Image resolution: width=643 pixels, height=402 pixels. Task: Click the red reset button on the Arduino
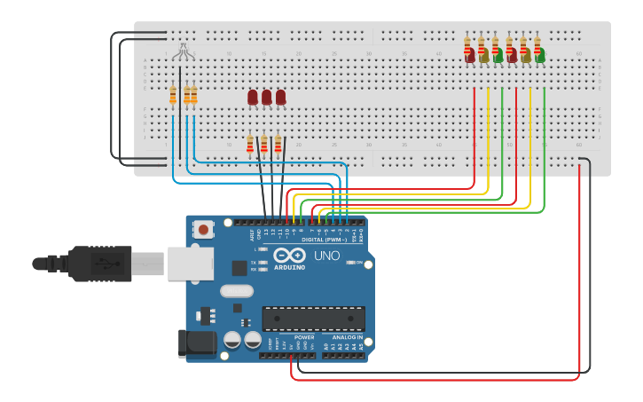click(204, 229)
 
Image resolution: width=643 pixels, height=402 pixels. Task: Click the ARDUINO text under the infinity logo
click(289, 267)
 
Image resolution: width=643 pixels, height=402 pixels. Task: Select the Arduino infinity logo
click(290, 256)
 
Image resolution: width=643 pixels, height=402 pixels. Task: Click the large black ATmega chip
click(313, 319)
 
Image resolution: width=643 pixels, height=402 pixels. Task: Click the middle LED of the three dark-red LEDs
click(267, 97)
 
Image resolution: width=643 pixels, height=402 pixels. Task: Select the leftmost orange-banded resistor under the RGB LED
click(173, 95)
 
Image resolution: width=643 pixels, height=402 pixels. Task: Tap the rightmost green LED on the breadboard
click(539, 55)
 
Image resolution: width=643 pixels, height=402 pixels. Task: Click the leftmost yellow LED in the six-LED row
click(483, 55)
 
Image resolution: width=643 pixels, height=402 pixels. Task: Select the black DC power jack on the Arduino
click(197, 344)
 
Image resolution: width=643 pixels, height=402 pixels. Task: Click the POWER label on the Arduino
click(304, 337)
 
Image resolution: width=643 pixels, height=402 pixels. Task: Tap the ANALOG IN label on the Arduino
click(347, 337)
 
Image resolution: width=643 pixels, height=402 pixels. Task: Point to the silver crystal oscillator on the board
click(237, 291)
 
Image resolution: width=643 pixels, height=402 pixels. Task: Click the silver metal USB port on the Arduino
click(190, 264)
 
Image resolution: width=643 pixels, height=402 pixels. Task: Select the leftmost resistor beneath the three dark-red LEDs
click(250, 144)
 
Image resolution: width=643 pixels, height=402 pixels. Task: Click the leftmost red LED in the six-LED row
click(469, 55)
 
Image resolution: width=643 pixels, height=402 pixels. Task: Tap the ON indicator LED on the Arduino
click(352, 263)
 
